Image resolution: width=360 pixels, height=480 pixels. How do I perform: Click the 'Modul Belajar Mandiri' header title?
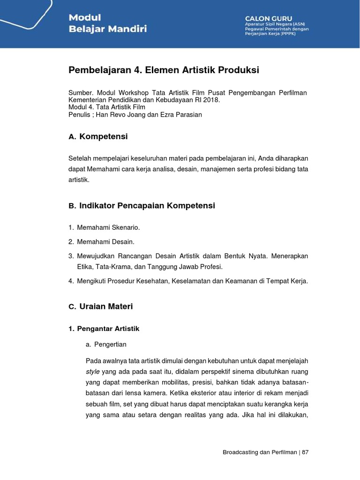(x=107, y=23)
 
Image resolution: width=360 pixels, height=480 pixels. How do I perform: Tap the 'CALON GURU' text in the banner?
(x=268, y=18)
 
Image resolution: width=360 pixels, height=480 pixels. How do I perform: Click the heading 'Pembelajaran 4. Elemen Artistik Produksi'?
(x=164, y=70)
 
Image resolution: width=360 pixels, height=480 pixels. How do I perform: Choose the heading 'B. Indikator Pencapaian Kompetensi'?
(x=142, y=206)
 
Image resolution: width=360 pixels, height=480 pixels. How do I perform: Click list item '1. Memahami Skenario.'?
(x=104, y=227)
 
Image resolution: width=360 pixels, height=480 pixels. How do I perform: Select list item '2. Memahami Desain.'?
(x=101, y=242)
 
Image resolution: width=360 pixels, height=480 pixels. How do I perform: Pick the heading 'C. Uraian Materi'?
(x=100, y=307)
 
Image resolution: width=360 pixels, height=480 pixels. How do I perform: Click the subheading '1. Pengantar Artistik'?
(x=104, y=329)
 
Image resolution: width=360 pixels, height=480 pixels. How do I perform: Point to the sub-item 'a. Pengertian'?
(x=106, y=345)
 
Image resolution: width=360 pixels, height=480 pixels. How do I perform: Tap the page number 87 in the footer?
(x=305, y=452)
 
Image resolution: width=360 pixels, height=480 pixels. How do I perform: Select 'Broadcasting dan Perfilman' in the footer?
(x=260, y=452)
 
